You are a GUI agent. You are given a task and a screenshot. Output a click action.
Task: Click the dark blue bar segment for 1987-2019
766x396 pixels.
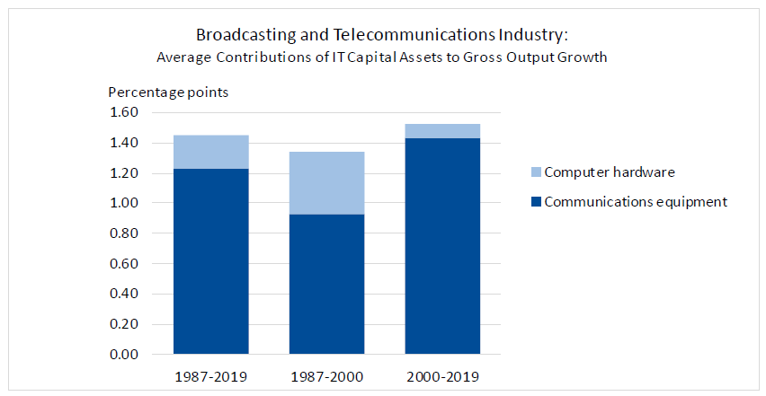(x=211, y=261)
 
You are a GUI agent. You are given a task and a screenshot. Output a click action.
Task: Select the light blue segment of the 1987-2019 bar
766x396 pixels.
(x=211, y=152)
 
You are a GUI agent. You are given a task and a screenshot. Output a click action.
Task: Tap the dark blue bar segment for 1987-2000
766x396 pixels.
(x=326, y=284)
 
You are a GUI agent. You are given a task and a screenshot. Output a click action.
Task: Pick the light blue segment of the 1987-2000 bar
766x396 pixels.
(x=326, y=182)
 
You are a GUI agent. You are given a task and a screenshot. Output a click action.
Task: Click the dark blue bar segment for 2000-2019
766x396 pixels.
(x=442, y=246)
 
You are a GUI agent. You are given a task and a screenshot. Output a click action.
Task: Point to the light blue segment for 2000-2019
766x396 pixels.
(x=442, y=131)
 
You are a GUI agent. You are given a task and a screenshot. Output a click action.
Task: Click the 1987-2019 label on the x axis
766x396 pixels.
(x=211, y=375)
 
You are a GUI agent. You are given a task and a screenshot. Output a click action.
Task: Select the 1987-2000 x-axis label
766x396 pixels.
(x=326, y=375)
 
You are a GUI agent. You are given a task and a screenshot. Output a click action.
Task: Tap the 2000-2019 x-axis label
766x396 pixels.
(x=442, y=375)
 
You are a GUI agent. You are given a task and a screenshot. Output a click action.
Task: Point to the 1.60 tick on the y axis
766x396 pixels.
(x=124, y=112)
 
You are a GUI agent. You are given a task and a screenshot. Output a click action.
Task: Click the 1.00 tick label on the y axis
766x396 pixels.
(x=124, y=203)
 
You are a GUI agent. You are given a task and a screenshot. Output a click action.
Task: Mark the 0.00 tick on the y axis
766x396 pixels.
(x=124, y=355)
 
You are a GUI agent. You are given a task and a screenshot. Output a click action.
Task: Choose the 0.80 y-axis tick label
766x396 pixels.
(x=124, y=233)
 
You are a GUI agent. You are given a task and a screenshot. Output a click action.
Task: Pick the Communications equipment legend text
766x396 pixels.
(x=636, y=202)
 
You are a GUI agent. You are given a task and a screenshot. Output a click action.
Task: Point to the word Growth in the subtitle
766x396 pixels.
(x=586, y=57)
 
